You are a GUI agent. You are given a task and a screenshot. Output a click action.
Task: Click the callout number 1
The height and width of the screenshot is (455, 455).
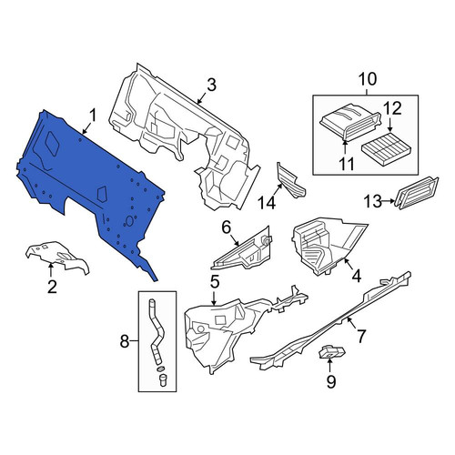[93, 116]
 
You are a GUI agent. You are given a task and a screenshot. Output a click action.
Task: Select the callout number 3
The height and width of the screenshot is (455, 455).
[211, 85]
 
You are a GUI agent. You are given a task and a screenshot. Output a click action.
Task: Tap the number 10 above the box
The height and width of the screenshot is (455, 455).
[368, 79]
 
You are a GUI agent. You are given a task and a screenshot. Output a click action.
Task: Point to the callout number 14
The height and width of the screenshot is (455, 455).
[267, 202]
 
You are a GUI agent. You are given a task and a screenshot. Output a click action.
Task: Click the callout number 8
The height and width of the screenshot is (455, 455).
[125, 342]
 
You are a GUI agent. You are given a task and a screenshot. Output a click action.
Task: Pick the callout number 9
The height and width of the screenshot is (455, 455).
[331, 381]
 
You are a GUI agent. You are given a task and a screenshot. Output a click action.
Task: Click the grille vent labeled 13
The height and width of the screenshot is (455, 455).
[416, 193]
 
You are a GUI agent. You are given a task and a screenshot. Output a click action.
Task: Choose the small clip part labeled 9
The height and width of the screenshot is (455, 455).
[332, 352]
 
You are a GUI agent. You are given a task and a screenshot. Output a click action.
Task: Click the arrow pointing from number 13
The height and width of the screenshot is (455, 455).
[389, 201]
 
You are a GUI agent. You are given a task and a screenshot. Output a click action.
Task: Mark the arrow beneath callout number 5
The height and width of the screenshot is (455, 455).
[214, 298]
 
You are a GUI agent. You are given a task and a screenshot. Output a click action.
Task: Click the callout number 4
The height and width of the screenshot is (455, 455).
[357, 276]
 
